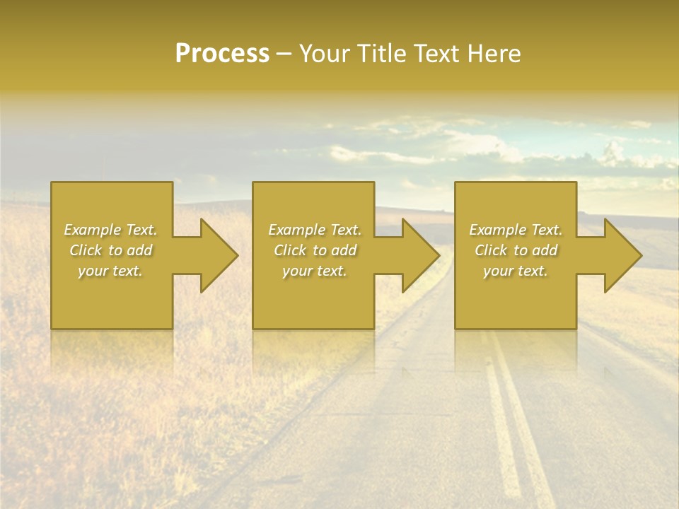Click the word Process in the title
pos(222,54)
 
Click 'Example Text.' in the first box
pos(110,230)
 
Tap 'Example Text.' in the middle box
pos(315,230)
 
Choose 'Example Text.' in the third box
pos(516,230)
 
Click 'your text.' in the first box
pos(110,271)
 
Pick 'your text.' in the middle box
pos(315,271)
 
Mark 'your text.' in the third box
pos(516,271)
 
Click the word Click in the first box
pos(86,250)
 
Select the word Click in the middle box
pos(290,250)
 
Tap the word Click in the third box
pos(491,250)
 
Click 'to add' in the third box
pos(540,250)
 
